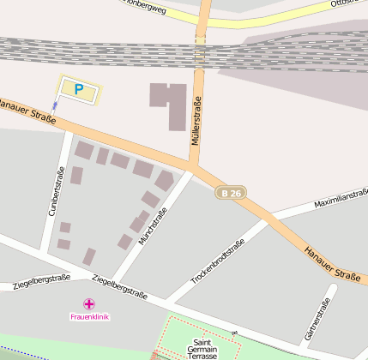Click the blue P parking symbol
coord(79,88)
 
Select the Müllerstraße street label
coord(196,121)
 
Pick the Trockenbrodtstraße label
coord(218,262)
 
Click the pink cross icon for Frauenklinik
coord(89,303)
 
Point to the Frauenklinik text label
coord(89,317)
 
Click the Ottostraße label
coord(348,4)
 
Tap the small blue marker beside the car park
coord(56,105)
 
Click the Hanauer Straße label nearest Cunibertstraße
coord(28,111)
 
